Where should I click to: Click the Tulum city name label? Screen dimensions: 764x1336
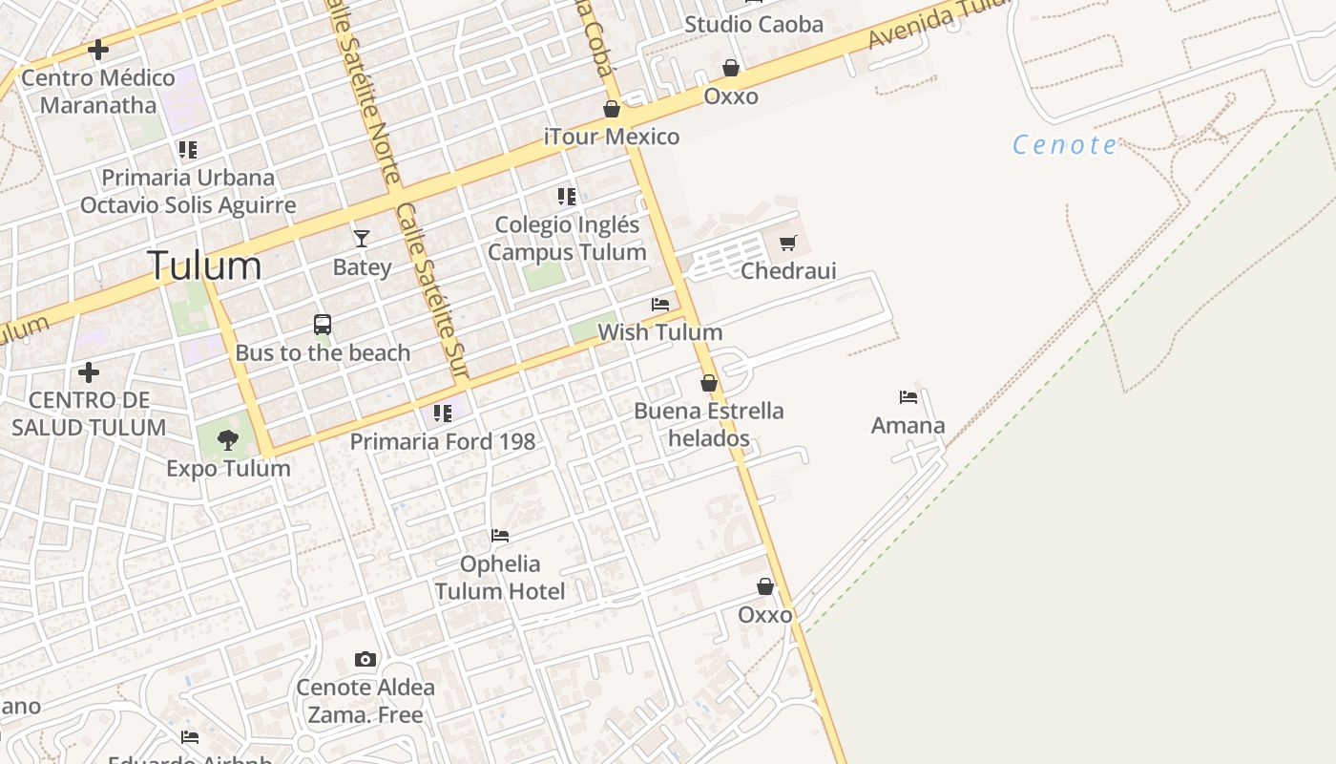(204, 265)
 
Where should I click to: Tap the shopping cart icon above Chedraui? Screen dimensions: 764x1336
(787, 244)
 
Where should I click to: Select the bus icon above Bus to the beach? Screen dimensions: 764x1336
(323, 325)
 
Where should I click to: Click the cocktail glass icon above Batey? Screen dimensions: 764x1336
(362, 238)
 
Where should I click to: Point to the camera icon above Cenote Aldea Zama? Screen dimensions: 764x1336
(365, 659)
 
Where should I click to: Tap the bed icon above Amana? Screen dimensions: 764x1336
(908, 397)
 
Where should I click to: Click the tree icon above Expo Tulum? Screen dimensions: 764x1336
(228, 440)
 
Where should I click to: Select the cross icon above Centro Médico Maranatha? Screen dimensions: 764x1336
(97, 50)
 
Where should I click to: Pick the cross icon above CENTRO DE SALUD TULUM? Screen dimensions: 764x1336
(89, 371)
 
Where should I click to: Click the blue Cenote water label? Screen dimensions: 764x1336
(1064, 145)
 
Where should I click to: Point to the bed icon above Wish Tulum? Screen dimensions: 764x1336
(660, 305)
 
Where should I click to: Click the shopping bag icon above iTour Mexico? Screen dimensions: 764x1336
(612, 109)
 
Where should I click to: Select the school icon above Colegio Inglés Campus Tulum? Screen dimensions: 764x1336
(567, 197)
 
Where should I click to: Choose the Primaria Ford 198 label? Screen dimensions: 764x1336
(443, 441)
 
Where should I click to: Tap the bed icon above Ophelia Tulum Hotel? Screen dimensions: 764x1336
(500, 536)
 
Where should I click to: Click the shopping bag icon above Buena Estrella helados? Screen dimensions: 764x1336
(709, 383)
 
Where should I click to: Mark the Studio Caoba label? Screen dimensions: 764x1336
(754, 25)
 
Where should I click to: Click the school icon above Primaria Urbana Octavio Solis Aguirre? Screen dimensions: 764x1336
(188, 150)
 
